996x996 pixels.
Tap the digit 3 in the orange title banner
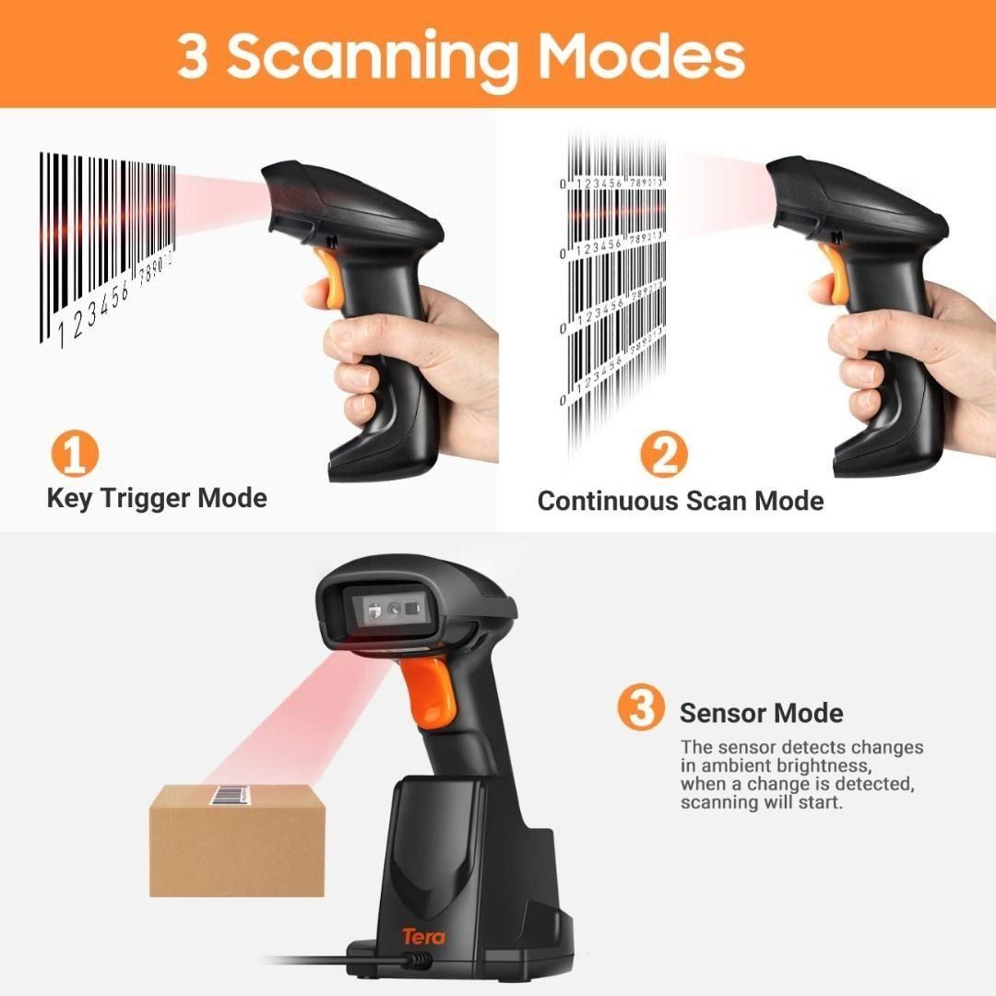(x=193, y=56)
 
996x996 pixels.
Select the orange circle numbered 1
(x=74, y=454)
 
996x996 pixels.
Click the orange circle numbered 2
(x=664, y=454)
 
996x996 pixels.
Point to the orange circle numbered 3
(x=640, y=708)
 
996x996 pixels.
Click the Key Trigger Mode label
(x=157, y=499)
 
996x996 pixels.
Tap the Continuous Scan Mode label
(x=681, y=501)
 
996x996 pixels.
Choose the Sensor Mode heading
(x=761, y=713)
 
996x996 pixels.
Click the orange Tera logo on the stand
(x=423, y=936)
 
